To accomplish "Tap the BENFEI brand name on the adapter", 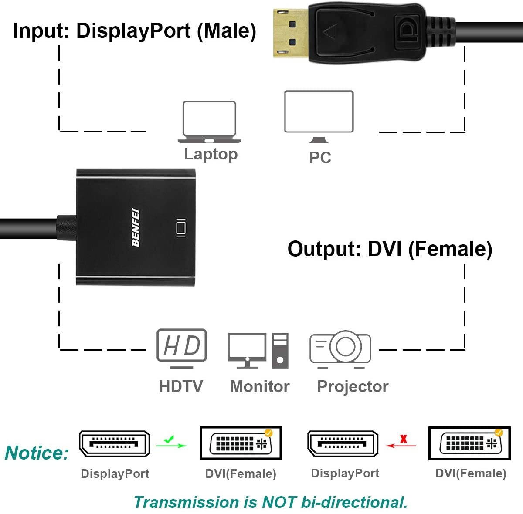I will (136, 228).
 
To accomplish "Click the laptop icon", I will (209, 122).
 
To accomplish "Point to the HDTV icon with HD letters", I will (181, 346).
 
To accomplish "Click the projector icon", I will (340, 348).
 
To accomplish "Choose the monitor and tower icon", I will (258, 350).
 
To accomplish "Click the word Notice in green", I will (37, 453).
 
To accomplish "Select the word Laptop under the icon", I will (211, 154).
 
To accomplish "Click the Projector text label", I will (352, 386).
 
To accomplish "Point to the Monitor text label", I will (259, 386).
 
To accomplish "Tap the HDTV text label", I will (180, 386).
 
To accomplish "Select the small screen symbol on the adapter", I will (180, 228).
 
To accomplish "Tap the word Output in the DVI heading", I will (322, 249).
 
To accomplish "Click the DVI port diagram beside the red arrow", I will (470, 443).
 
